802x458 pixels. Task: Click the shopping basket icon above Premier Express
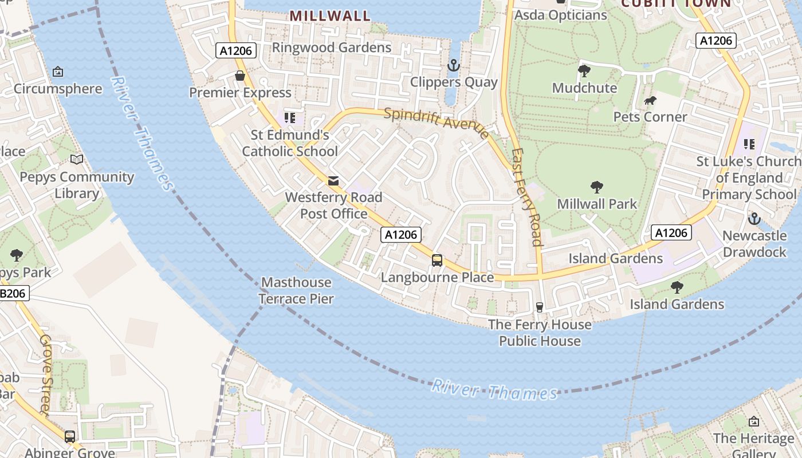240,76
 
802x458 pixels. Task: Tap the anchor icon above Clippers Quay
454,65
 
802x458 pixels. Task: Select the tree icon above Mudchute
584,71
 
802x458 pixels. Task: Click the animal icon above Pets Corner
650,101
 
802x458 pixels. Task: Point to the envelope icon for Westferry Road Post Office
333,181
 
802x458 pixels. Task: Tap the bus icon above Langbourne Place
437,260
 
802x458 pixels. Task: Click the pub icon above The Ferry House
539,307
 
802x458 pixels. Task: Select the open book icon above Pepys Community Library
77,160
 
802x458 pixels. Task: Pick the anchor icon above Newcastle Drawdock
754,219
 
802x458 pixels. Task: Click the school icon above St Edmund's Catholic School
290,119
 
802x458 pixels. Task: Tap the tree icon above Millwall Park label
597,187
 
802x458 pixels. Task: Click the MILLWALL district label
330,15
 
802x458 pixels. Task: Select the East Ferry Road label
527,198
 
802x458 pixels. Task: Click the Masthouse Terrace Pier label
296,290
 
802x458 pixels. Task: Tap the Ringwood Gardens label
331,47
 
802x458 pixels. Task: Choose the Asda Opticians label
561,15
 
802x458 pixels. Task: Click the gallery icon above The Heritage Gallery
754,421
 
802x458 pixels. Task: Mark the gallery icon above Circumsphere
58,72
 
